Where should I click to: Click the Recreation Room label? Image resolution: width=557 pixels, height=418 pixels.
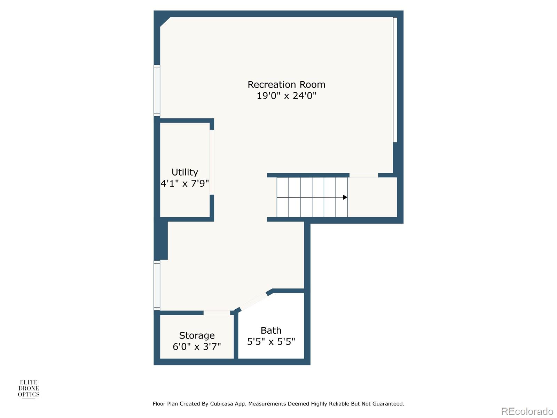pyautogui.click(x=286, y=85)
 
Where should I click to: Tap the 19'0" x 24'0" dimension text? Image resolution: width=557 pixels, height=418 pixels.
pyautogui.click(x=286, y=95)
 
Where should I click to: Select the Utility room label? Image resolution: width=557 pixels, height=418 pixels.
pyautogui.click(x=185, y=172)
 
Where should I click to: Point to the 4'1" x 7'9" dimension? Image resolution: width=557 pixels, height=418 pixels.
pyautogui.click(x=185, y=183)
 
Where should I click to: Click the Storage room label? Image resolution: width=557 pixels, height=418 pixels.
pyautogui.click(x=197, y=335)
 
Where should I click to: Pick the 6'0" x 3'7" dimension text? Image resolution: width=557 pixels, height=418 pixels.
pyautogui.click(x=197, y=347)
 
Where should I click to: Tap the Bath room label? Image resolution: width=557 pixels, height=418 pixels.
pyautogui.click(x=271, y=330)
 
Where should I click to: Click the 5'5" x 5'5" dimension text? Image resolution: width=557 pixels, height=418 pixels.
pyautogui.click(x=271, y=341)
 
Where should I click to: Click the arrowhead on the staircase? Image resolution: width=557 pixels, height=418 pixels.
pyautogui.click(x=345, y=197)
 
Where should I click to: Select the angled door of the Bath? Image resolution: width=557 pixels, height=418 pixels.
pyautogui.click(x=253, y=301)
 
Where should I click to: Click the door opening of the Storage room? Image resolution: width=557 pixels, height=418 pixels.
pyautogui.click(x=217, y=313)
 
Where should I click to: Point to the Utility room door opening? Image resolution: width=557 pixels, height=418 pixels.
pyautogui.click(x=212, y=162)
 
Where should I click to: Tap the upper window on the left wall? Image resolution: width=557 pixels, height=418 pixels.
pyautogui.click(x=157, y=91)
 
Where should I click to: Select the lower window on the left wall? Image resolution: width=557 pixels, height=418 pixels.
pyautogui.click(x=157, y=286)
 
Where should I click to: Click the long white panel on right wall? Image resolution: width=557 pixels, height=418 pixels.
pyautogui.click(x=395, y=80)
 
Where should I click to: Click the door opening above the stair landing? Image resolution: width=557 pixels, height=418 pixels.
pyautogui.click(x=363, y=175)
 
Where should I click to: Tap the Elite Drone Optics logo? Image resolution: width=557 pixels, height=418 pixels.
pyautogui.click(x=29, y=389)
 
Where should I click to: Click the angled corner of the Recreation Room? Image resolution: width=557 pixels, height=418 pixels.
pyautogui.click(x=165, y=22)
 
